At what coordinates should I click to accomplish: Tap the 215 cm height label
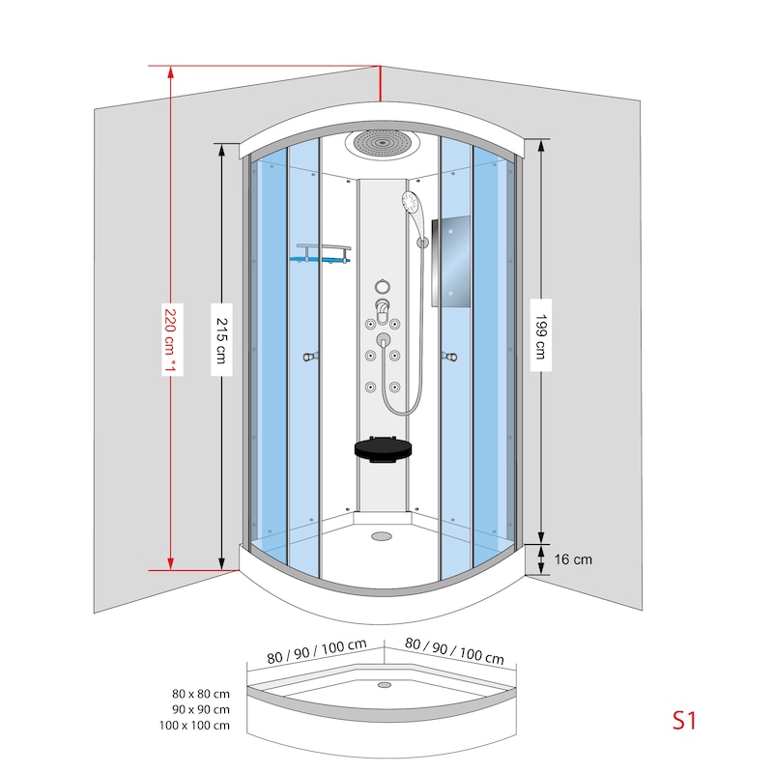click(222, 340)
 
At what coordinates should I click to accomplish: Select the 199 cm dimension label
click(541, 336)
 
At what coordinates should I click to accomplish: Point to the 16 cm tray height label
click(573, 559)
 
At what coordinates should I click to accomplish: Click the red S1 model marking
click(684, 720)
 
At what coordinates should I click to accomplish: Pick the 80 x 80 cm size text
click(201, 694)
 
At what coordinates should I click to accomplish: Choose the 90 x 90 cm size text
click(201, 710)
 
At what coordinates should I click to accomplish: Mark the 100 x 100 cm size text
click(195, 726)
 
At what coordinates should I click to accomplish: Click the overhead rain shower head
click(382, 144)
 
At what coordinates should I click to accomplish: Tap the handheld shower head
click(410, 202)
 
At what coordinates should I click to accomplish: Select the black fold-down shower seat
click(383, 449)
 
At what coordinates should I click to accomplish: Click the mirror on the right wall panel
click(451, 261)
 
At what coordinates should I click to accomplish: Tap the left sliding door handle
click(310, 356)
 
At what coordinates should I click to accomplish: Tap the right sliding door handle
click(449, 356)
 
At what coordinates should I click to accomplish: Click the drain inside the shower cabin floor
click(381, 536)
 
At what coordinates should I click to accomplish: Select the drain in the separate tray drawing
click(385, 685)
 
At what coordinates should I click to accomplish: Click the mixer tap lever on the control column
click(383, 309)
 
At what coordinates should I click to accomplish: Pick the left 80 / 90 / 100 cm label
click(317, 651)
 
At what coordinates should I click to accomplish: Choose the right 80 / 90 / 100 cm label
click(454, 650)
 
